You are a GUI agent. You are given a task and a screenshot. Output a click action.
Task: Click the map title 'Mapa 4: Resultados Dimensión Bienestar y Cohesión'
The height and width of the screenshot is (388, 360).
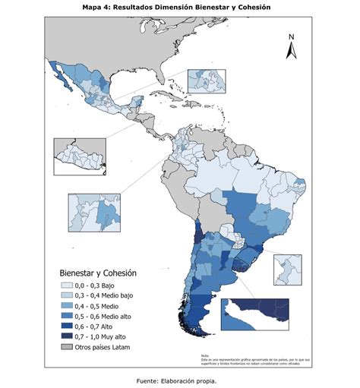coord(180,7)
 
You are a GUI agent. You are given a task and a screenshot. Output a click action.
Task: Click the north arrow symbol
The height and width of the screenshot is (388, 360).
coord(289,51)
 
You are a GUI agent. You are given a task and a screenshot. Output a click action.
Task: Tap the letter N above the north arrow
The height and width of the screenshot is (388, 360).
coord(290,36)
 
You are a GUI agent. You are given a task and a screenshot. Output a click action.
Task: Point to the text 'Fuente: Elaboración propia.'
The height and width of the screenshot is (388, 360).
coord(180,380)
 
